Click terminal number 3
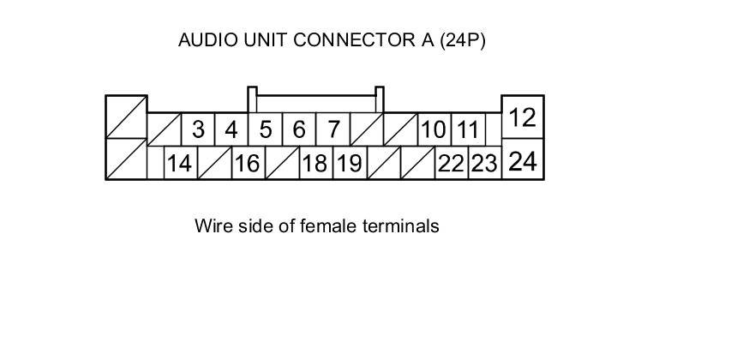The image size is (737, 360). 198,129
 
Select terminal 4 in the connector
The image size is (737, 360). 231,129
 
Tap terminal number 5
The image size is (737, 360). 266,129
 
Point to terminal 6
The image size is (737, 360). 299,129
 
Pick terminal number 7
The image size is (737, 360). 333,129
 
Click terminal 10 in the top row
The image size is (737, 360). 434,129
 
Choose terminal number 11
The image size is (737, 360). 467,129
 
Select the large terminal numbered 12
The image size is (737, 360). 523,117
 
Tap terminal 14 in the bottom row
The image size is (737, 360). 179,163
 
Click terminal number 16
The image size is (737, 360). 247,163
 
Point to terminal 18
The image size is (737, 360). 315,163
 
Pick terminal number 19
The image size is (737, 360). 349,163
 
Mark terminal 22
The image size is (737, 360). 451,163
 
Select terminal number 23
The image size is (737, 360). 484,163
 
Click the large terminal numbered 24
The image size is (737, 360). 523,160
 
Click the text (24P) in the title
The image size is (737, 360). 463,40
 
